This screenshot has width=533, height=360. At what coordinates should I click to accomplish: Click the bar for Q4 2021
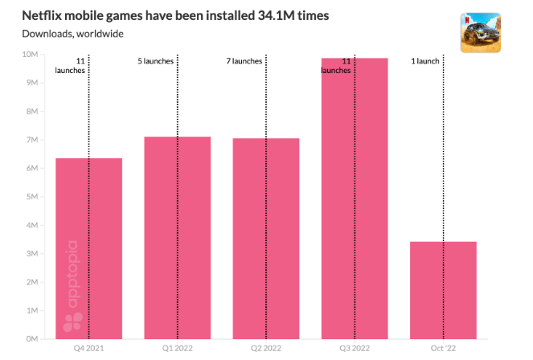(88, 248)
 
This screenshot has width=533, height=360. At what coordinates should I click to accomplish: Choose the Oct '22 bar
(443, 290)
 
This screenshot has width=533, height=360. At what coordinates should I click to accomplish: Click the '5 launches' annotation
(155, 61)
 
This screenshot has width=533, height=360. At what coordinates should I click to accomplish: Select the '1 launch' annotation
(425, 61)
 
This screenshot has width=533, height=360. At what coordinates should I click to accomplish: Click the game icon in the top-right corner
(480, 32)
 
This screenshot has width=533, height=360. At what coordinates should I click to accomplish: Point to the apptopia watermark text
(72, 277)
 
